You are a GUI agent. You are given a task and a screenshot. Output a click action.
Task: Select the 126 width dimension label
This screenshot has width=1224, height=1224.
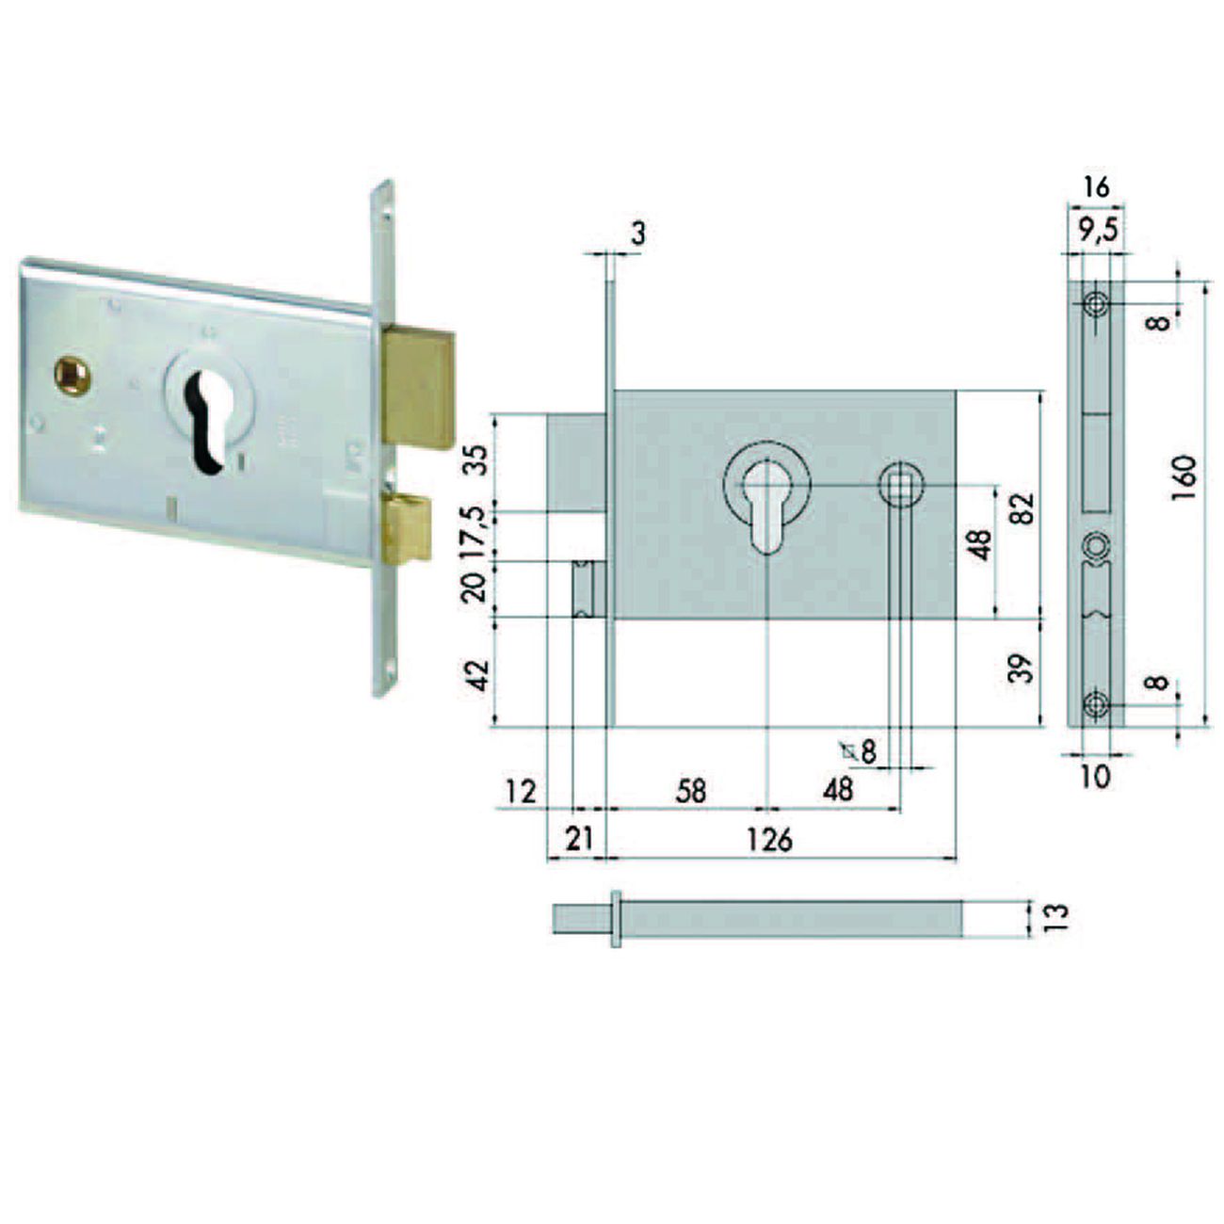[770, 839]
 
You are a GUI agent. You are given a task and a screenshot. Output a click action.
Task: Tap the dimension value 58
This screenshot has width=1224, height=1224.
[690, 790]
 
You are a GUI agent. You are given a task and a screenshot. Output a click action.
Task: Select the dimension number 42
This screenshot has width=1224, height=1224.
[480, 674]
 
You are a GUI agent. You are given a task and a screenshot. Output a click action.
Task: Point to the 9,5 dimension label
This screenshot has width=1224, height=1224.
[1092, 229]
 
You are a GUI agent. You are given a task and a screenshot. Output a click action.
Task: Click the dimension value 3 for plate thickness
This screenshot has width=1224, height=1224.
[638, 233]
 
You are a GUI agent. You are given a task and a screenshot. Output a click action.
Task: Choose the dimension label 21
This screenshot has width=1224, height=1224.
[577, 837]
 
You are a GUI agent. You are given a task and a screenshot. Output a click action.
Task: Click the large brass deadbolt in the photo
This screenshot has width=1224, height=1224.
[417, 386]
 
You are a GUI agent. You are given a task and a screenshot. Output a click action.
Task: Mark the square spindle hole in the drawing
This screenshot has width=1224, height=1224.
[901, 486]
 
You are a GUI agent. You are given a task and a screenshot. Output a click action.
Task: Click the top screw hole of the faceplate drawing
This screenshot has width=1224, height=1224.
[1096, 303]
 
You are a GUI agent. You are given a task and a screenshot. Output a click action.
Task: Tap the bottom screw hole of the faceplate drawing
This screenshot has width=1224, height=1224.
[1095, 703]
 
